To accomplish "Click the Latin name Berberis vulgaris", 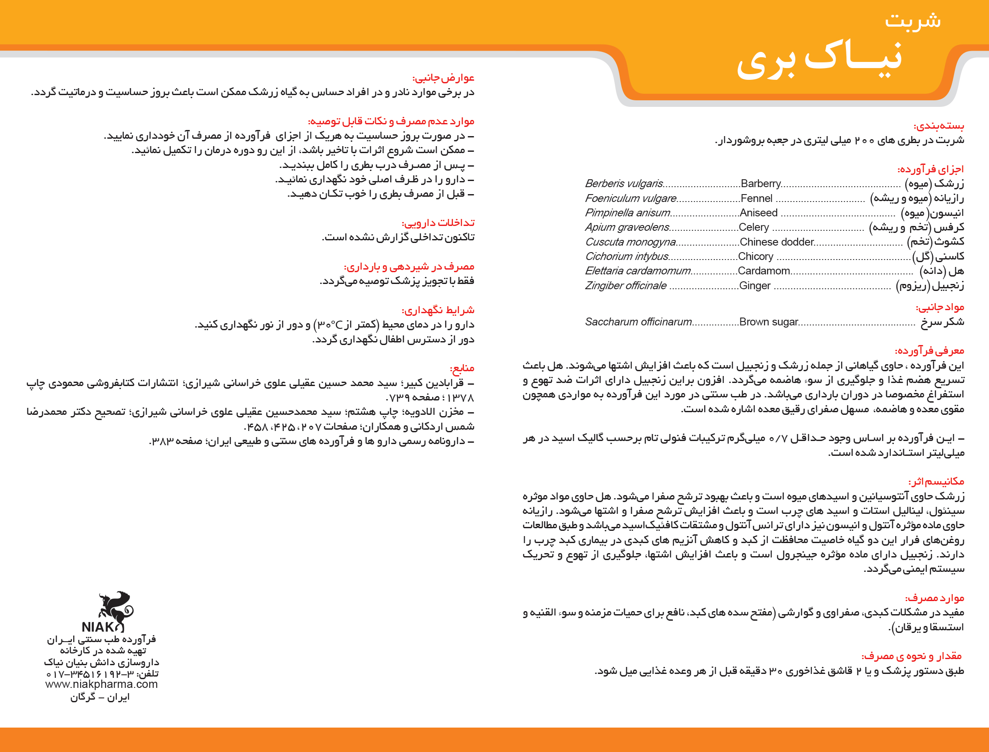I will pos(624,184).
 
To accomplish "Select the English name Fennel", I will pos(756,198).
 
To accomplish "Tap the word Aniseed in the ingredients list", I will pos(758,212).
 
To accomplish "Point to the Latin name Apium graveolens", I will pos(627,227).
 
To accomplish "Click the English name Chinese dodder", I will pos(777,242).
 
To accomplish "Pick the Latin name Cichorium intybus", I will pos(627,256).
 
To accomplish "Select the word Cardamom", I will pos(764,271).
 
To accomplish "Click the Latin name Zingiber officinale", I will pos(626,286).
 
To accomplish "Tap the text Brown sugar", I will pos(768,322).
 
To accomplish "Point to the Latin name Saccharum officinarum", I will pos(638,322).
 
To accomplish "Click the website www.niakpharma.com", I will pos(102,684).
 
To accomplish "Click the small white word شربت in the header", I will pos(913,20).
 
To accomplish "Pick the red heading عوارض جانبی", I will pos(443,78).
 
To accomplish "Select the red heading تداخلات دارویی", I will pos(438,223).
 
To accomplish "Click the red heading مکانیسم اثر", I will pos(936,482).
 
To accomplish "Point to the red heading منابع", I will pos(462,369).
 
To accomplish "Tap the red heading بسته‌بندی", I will pos(938,126).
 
